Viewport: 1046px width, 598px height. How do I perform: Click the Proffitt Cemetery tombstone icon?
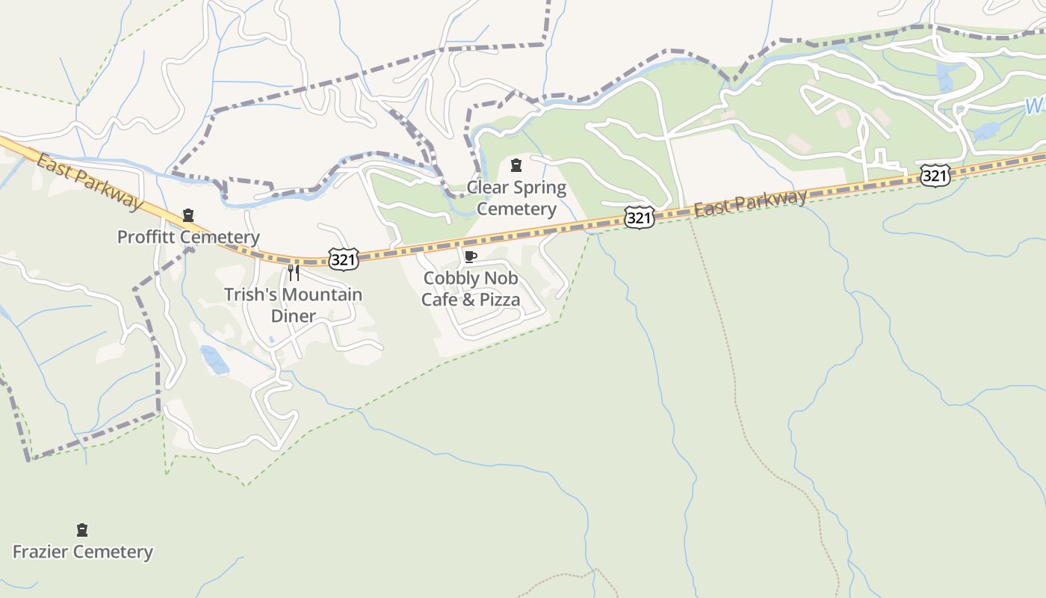188,215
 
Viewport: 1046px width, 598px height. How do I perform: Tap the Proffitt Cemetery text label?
188,237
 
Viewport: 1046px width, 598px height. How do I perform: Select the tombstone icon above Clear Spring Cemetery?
516,165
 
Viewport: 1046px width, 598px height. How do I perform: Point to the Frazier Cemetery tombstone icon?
82,530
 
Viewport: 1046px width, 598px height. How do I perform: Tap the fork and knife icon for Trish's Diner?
294,272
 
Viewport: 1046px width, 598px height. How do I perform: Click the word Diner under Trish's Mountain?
293,316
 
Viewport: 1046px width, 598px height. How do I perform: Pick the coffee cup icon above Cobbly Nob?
470,257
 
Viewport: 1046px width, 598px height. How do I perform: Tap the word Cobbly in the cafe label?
450,278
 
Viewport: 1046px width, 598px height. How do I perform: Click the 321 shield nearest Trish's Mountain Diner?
343,259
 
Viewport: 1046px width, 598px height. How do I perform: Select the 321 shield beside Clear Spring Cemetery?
639,218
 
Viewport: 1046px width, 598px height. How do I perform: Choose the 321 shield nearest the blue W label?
935,176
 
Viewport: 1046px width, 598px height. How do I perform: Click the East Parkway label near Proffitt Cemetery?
88,182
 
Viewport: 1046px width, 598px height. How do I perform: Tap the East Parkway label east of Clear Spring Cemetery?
750,202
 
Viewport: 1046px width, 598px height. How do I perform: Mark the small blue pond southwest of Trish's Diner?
214,359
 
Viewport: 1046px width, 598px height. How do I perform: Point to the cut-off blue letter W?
1034,106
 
